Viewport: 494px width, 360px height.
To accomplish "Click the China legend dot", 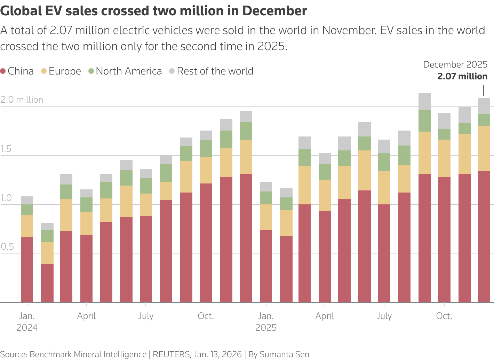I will pos(3,71).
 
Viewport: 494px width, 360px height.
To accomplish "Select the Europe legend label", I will pos(65,71).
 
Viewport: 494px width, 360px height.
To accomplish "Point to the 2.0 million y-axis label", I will pos(22,100).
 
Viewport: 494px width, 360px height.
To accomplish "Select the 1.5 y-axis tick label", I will pos(6,149).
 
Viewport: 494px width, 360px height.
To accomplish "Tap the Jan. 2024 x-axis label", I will pos(27,322).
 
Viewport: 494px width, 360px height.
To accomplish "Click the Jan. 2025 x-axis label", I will pos(266,322).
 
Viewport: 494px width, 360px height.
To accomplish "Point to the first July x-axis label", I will pos(146,316).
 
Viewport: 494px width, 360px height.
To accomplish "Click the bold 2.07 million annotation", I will pos(462,77).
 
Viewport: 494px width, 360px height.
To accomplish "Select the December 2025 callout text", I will pos(455,64).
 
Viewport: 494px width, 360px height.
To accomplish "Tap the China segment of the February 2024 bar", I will pos(47,283).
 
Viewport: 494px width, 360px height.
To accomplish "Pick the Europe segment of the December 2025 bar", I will pos(484,148).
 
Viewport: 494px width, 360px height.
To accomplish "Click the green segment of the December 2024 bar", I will pos(246,131).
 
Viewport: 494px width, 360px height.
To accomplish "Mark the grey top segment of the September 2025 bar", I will pos(424,102).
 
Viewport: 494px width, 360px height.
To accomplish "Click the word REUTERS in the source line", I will pos(171,354).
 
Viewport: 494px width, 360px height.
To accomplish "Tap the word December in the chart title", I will pos(274,11).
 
